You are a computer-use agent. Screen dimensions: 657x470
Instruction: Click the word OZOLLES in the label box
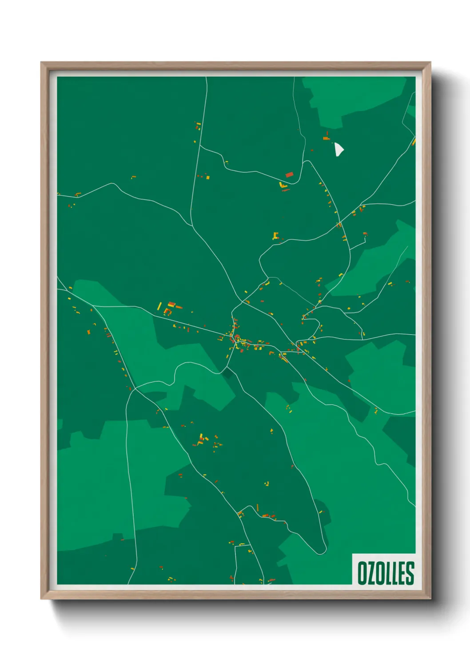pyautogui.click(x=385, y=573)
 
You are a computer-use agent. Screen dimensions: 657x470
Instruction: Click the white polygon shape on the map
pyautogui.click(x=339, y=149)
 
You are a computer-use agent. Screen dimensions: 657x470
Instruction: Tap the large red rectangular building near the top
pyautogui.click(x=289, y=174)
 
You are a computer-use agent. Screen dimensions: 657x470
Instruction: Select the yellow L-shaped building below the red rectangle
pyautogui.click(x=282, y=186)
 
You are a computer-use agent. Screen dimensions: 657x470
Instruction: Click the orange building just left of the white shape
pyautogui.click(x=326, y=138)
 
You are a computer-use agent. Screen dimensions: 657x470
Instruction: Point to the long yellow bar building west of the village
pyautogui.click(x=160, y=306)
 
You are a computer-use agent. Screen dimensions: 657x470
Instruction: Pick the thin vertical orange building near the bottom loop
pyautogui.click(x=257, y=507)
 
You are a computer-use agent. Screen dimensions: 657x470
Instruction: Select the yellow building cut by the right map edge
pyautogui.click(x=414, y=142)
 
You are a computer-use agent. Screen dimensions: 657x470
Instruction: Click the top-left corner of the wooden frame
pyautogui.click(x=41, y=63)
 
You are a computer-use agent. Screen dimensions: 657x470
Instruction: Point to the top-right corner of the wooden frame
pyautogui.click(x=430, y=63)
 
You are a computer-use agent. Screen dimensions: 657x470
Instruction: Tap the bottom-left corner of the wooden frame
pyautogui.click(x=41, y=599)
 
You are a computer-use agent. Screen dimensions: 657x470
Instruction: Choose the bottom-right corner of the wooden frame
pyautogui.click(x=430, y=599)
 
